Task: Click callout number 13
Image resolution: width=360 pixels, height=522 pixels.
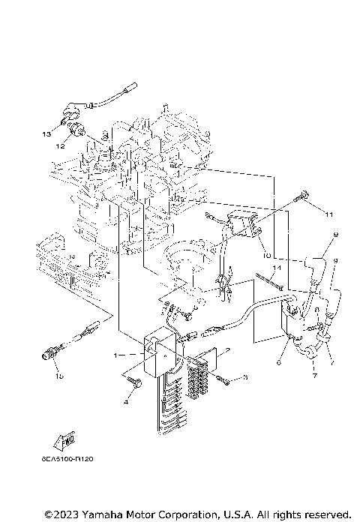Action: click(46, 133)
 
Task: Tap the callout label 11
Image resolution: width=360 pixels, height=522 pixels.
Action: click(328, 214)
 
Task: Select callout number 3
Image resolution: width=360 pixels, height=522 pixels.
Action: click(244, 378)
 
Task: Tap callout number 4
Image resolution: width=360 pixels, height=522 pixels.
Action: click(126, 403)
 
